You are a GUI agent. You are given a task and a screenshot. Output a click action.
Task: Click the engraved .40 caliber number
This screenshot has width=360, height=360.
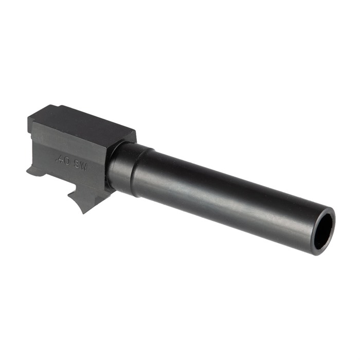coord(63,160)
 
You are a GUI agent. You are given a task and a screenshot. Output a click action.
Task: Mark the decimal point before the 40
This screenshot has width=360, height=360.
coord(57,161)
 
